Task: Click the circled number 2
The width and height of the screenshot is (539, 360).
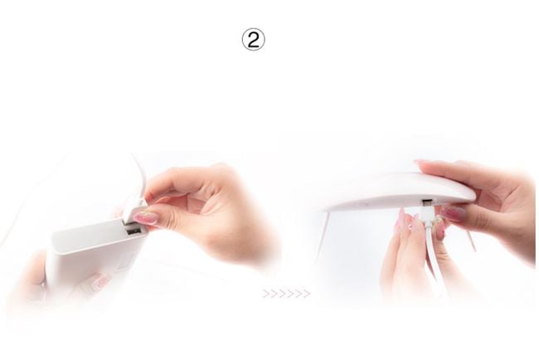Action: pos(254,40)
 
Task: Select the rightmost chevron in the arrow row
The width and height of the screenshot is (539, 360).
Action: pos(306,294)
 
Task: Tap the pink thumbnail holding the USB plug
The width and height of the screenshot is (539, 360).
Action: pos(146,217)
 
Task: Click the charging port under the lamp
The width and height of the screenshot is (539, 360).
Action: pos(426,201)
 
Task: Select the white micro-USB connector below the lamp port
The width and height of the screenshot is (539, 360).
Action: pos(425,216)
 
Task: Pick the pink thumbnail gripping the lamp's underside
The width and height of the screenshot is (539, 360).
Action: pos(453,214)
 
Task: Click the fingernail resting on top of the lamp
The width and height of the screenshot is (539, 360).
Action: pos(420,163)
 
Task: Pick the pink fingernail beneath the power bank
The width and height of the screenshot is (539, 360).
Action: pos(100,281)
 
